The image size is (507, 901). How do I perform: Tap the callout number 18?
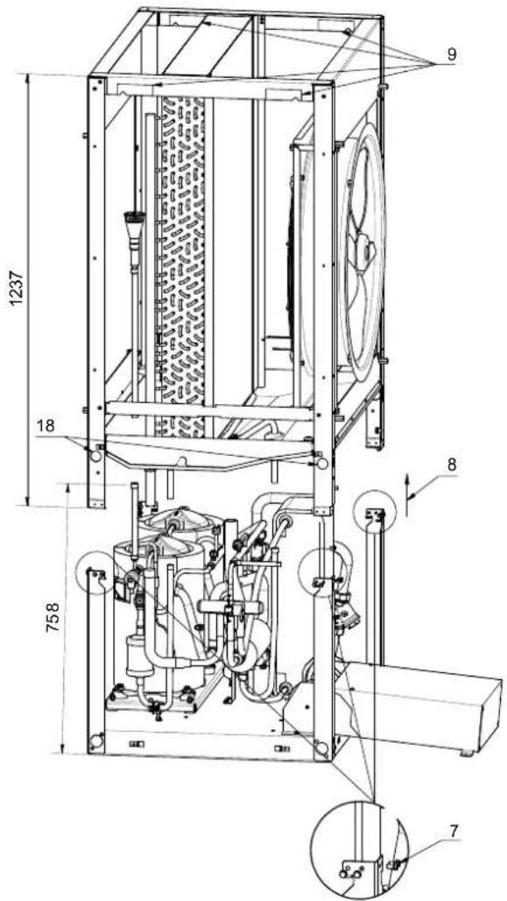point(47,426)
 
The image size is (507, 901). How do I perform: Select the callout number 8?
point(452,465)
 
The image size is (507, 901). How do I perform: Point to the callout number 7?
point(454,830)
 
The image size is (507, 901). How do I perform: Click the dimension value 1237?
point(18,289)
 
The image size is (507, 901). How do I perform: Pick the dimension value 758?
point(53,618)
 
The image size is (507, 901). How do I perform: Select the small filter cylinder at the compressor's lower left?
point(132,656)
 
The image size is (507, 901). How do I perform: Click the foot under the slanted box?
point(469,752)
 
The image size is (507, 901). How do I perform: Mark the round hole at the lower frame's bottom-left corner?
point(96,741)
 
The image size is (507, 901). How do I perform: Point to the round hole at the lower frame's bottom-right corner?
point(322,748)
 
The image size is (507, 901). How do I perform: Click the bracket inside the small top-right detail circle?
point(376,517)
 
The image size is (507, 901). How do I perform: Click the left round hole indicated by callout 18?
point(95,457)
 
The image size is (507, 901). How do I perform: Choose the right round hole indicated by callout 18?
point(322,463)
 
